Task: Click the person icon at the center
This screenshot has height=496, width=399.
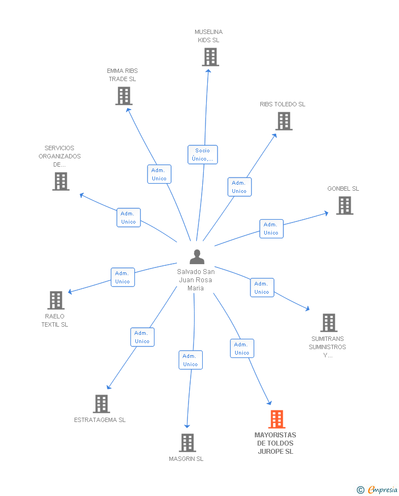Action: [197, 257]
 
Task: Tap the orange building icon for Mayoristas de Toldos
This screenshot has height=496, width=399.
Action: [277, 419]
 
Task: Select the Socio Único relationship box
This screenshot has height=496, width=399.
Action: [202, 155]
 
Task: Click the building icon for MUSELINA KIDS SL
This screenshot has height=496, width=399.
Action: [210, 57]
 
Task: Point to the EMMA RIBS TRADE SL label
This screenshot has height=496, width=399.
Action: [122, 75]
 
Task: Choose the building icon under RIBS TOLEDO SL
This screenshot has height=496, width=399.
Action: [284, 121]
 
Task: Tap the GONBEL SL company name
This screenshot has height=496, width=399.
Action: [343, 189]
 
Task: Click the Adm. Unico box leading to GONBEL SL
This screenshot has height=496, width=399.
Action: [271, 229]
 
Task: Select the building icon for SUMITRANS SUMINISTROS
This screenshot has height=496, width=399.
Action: [329, 323]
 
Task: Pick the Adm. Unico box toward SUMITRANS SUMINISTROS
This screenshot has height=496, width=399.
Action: [262, 288]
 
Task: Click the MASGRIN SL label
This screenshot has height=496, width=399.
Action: [186, 459]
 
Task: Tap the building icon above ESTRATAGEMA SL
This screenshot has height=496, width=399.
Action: [101, 403]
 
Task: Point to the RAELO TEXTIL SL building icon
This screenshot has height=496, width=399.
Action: [56, 300]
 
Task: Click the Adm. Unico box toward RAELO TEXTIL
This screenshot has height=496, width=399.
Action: [123, 277]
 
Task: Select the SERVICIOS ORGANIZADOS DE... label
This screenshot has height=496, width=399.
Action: [60, 156]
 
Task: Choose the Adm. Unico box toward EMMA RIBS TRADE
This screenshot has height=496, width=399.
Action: [159, 174]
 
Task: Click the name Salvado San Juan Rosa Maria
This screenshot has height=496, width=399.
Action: [196, 280]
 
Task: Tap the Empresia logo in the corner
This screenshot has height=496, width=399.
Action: [377, 489]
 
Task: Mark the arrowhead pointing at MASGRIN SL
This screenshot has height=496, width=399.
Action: [187, 426]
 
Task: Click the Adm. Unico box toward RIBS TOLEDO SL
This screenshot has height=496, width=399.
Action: [240, 187]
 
